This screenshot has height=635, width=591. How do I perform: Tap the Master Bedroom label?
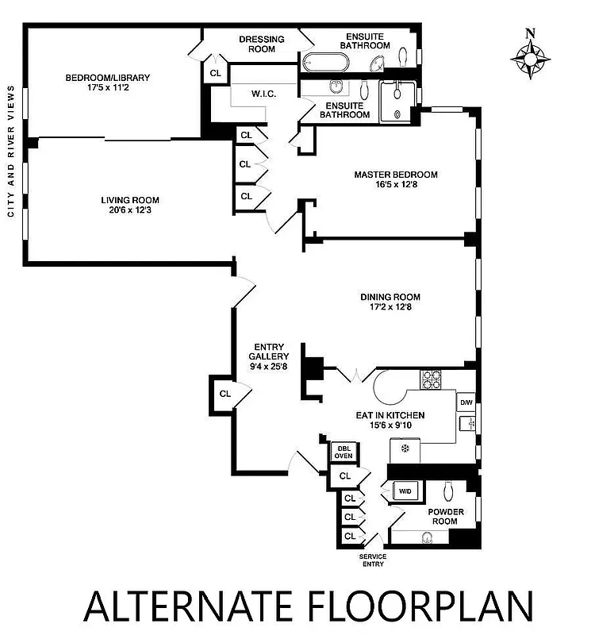[395, 175]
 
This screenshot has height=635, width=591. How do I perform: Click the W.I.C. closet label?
[263, 94]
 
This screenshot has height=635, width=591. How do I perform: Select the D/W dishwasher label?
[466, 403]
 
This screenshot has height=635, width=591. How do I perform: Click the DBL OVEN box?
[343, 452]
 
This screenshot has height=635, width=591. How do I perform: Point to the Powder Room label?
[446, 517]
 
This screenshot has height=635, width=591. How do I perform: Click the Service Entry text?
[373, 560]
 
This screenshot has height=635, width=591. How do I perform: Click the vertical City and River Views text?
[10, 151]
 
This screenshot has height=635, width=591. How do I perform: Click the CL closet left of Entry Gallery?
[225, 394]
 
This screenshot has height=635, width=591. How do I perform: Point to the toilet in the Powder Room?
[448, 490]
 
